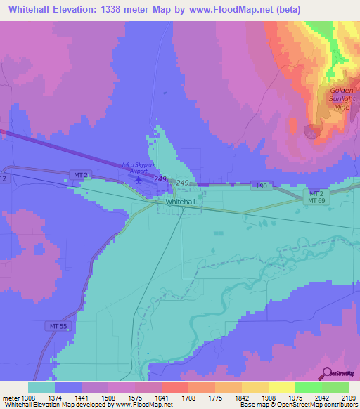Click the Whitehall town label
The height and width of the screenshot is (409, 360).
click(x=180, y=202)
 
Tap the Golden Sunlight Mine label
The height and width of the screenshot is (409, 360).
click(x=342, y=99)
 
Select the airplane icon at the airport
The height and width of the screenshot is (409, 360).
click(x=138, y=180)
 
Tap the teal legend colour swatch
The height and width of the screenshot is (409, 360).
click(x=41, y=387)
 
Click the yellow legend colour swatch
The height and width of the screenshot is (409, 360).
click(x=282, y=387)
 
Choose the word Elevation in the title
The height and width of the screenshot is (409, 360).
click(x=77, y=9)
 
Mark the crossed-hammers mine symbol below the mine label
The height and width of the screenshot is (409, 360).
click(x=311, y=130)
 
